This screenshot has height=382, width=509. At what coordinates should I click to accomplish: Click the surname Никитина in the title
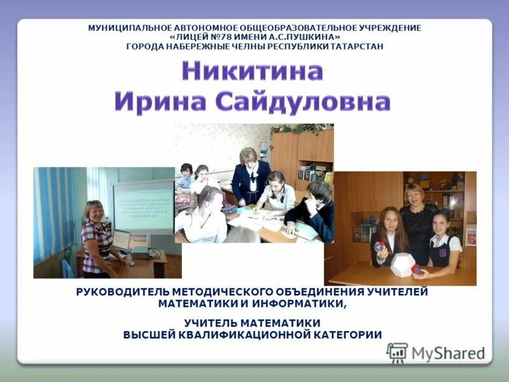pos(253,71)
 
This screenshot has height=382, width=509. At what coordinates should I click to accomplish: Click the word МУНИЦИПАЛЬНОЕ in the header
pos(128,28)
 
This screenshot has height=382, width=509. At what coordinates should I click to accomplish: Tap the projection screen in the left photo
pos(143,207)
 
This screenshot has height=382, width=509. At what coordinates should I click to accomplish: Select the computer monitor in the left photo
pos(121,241)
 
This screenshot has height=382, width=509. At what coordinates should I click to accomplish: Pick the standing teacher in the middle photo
pos(249,175)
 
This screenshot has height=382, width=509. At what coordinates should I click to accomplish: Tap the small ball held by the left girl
pos(379,247)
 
